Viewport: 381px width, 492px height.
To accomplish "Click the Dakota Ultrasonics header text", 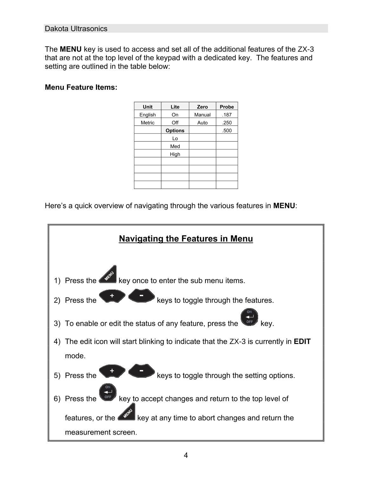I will (x=76, y=29).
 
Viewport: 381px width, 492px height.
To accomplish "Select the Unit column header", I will (x=148, y=107).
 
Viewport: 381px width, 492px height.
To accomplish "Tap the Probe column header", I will (x=227, y=107).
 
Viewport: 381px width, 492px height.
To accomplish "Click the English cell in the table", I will (x=148, y=115).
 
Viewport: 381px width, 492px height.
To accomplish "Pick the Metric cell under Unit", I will (x=148, y=123).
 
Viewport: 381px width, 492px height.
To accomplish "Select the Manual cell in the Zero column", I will (x=202, y=115).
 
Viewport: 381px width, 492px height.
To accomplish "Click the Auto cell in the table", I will (x=202, y=123).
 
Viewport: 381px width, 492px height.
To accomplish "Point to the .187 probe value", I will (x=227, y=115).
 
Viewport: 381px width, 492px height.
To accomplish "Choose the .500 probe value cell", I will (x=227, y=131).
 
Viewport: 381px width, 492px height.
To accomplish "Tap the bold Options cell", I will (x=175, y=131).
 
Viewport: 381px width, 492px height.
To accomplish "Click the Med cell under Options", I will (x=175, y=146).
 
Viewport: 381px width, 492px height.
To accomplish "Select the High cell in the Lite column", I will (x=175, y=154).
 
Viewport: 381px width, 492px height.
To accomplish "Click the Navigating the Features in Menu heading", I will (x=186, y=239).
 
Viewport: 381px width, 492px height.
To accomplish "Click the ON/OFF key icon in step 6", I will (x=108, y=392).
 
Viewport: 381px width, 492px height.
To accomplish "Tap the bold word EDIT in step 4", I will (x=302, y=342).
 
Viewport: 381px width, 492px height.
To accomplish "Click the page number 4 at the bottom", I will (x=186, y=456).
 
